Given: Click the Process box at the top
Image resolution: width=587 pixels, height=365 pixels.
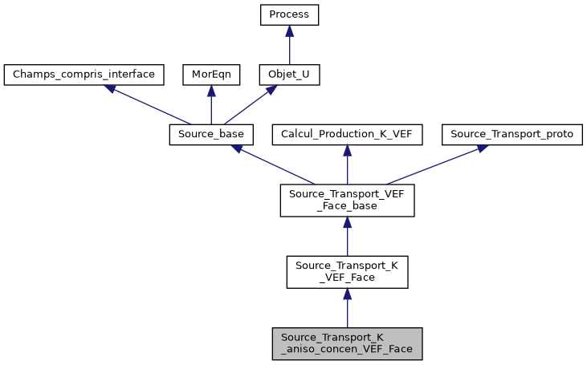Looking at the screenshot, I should tap(289, 15).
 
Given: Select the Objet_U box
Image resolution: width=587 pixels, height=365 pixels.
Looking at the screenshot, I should tap(289, 75).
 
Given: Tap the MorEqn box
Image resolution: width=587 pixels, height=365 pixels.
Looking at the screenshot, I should tap(210, 75).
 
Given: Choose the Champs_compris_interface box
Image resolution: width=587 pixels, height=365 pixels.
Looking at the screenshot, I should tap(84, 75).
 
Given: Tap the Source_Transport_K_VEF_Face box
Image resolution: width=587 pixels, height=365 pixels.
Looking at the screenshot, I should tap(347, 272).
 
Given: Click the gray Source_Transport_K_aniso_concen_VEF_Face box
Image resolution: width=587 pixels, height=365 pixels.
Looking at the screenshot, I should tap(347, 343).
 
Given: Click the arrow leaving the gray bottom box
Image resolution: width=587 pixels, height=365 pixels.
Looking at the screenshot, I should tap(347, 309).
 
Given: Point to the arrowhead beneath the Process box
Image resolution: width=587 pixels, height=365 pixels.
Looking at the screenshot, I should tap(289, 30).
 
